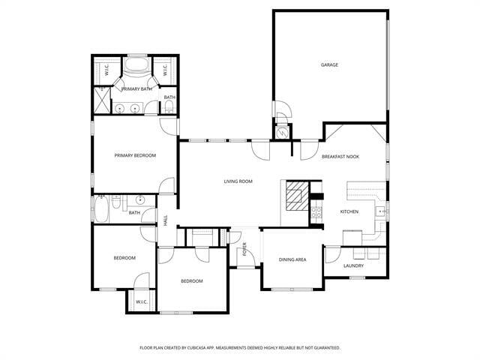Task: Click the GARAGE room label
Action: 329,65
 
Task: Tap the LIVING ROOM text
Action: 238,181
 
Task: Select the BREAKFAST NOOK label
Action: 340,156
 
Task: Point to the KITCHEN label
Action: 349,212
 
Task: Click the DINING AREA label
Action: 292,260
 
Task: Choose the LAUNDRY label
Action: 353,265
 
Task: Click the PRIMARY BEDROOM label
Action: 135,155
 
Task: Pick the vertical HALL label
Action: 166,220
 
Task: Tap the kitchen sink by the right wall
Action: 382,211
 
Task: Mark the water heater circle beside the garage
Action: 283,133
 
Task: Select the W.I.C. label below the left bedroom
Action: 140,302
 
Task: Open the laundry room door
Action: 331,253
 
